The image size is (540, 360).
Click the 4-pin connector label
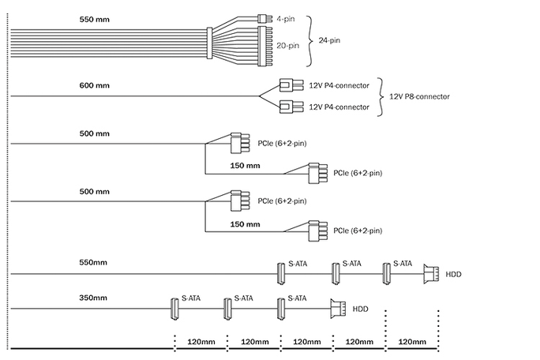click(286, 19)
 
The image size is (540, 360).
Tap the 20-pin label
click(288, 46)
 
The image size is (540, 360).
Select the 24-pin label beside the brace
click(329, 40)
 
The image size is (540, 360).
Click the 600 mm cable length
click(95, 85)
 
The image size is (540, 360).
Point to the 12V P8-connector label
click(419, 96)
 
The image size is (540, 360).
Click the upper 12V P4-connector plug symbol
click(291, 85)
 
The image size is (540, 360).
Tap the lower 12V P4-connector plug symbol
click(291, 107)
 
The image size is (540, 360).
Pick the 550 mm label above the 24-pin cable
click(95, 19)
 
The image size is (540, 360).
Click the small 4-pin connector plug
click(264, 18)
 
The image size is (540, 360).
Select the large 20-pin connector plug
click(264, 46)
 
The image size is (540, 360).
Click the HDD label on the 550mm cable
click(454, 274)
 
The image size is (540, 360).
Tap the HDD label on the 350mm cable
click(360, 309)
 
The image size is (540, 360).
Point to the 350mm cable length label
click(93, 298)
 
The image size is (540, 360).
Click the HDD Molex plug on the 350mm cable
click(338, 309)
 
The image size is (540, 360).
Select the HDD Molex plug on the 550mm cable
click(431, 274)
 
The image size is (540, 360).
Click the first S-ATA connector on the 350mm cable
click(174, 309)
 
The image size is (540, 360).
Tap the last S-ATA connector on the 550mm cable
click(386, 273)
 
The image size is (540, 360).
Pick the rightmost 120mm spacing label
click(412, 342)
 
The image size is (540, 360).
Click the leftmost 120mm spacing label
click(201, 342)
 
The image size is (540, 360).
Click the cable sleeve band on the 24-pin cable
click(209, 43)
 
